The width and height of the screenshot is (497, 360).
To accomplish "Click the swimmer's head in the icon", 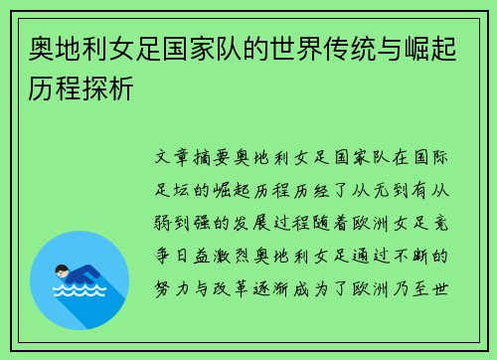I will (62, 269).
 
